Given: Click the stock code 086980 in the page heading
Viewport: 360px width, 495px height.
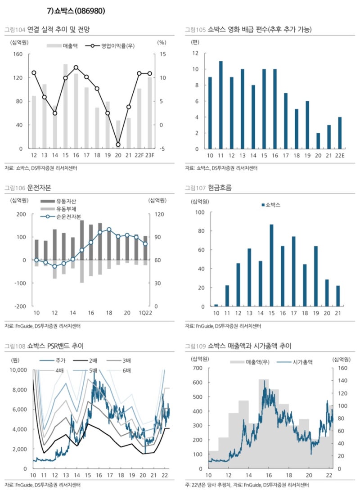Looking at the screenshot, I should pyautogui.click(x=90, y=11).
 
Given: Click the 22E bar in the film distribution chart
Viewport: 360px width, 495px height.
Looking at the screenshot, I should pyautogui.click(x=340, y=133).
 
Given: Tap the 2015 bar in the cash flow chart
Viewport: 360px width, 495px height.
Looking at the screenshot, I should pyautogui.click(x=271, y=265).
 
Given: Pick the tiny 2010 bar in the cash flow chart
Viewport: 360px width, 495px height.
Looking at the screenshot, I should pyautogui.click(x=216, y=306).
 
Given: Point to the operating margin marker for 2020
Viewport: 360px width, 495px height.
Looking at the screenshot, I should pyautogui.click(x=118, y=145).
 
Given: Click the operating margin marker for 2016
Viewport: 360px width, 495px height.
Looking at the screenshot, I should pyautogui.click(x=76, y=67).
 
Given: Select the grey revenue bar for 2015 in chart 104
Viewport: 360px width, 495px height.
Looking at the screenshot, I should pyautogui.click(x=65, y=106).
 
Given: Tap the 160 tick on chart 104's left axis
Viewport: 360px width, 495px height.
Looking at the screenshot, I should pyautogui.click(x=18, y=54).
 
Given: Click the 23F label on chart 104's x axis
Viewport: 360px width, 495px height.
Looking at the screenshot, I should pyautogui.click(x=150, y=155).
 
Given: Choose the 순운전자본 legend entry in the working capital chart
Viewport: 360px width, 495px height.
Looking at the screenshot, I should pyautogui.click(x=68, y=217).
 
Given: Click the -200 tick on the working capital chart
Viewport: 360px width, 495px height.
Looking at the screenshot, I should pyautogui.click(x=20, y=306).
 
